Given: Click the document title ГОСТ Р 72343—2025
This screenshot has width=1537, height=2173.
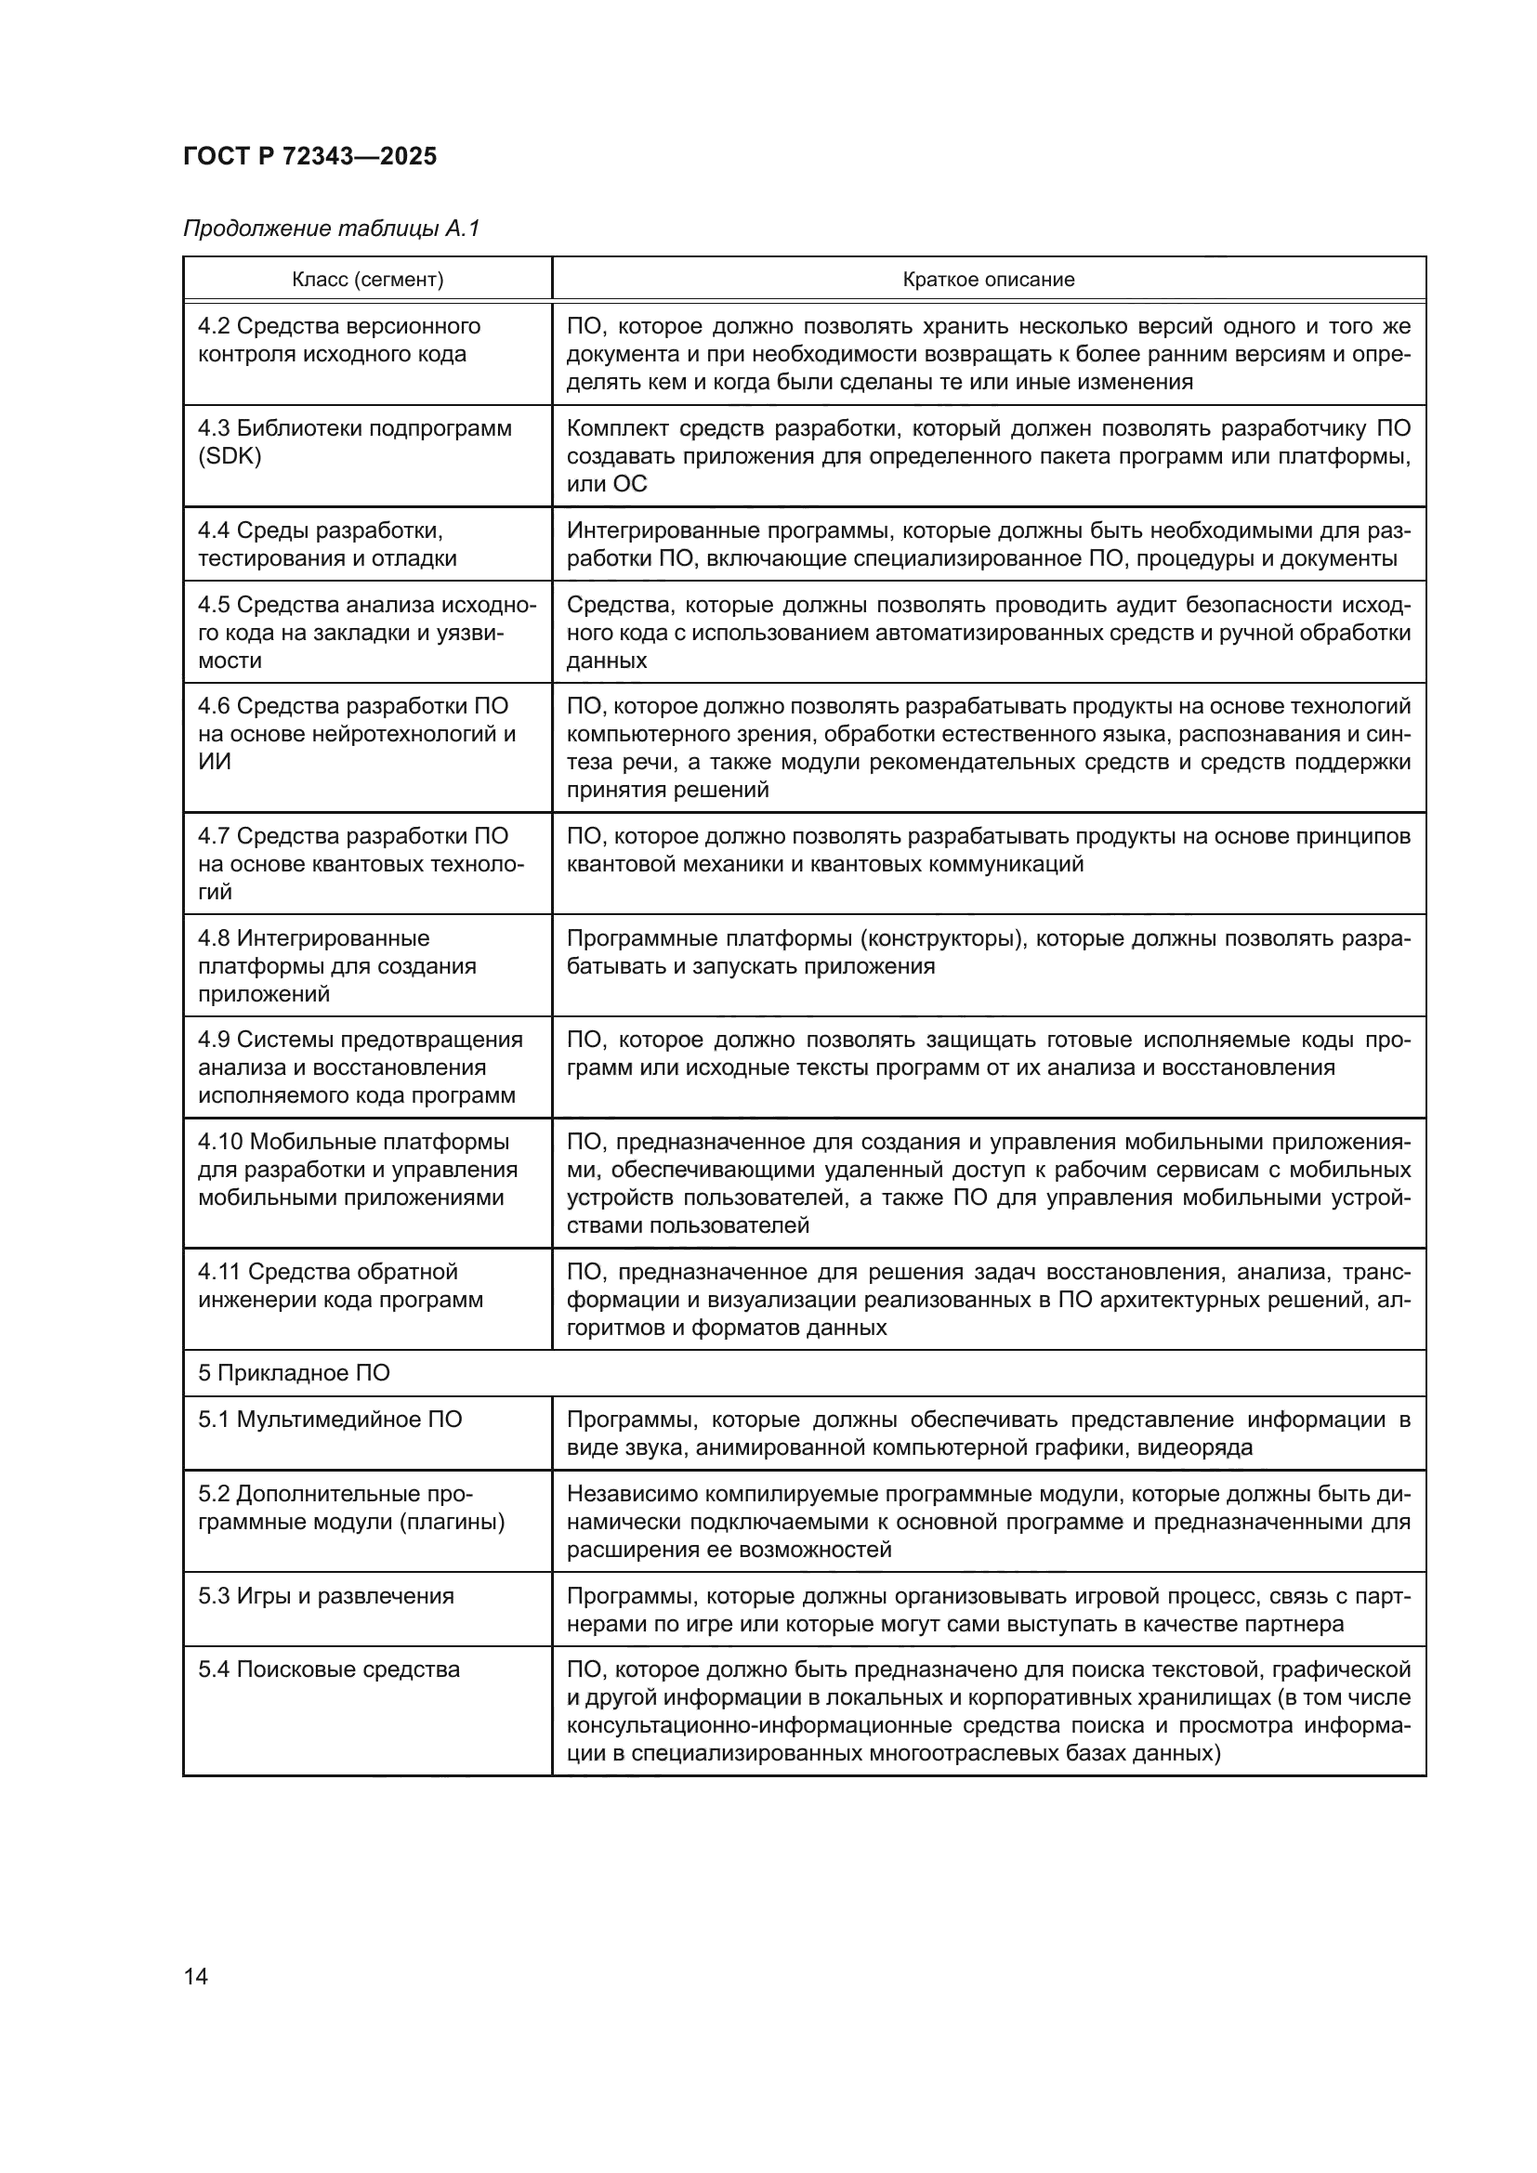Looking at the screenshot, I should (309, 156).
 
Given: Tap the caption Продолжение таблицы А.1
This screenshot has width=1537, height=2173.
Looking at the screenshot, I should (331, 229).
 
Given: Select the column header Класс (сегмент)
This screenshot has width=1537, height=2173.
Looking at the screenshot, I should (367, 280).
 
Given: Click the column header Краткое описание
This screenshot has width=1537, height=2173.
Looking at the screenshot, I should (988, 280).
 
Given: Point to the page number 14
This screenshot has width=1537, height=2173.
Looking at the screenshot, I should (196, 1976).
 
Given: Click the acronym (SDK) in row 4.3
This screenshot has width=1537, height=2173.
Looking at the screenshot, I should (229, 456).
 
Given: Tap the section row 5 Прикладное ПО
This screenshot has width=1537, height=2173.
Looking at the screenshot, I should (294, 1373).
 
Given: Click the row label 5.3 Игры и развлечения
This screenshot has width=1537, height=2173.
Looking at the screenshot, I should (325, 1596).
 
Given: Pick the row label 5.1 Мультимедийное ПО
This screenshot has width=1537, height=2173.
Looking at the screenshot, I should (329, 1420).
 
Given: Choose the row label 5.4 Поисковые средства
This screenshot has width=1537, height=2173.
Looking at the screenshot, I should (328, 1669).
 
